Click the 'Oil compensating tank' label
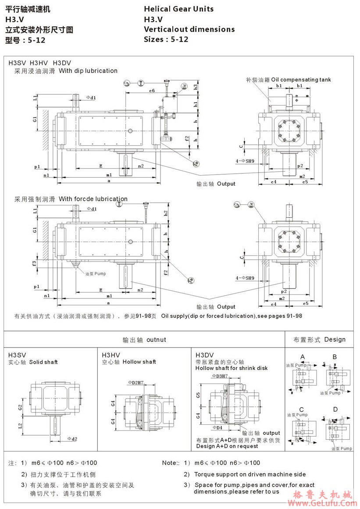(x=301, y=80)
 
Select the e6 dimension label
(x=152, y=90)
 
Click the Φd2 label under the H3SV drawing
(x=72, y=439)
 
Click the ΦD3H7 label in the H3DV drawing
(x=220, y=376)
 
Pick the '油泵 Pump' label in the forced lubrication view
(x=96, y=273)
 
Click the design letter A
(x=302, y=356)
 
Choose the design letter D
(x=335, y=409)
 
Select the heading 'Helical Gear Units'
(x=178, y=9)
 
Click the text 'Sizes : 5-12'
(x=166, y=39)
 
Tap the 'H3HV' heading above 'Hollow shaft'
(x=111, y=355)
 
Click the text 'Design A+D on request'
(x=227, y=446)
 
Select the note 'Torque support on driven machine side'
(x=250, y=474)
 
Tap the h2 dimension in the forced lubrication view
(x=166, y=212)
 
